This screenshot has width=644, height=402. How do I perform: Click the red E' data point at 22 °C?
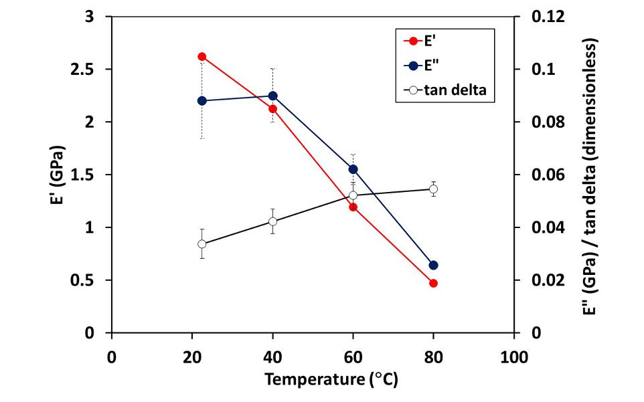(202, 57)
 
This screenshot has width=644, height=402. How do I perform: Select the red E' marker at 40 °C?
(272, 109)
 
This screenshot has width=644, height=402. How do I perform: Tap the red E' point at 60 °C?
(353, 207)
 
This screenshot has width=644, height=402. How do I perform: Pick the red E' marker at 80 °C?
(433, 284)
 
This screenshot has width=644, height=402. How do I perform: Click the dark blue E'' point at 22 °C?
(202, 101)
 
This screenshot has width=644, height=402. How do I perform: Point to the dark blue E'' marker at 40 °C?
(272, 96)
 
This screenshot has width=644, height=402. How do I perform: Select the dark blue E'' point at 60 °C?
(353, 169)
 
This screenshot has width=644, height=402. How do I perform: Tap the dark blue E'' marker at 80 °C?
(433, 266)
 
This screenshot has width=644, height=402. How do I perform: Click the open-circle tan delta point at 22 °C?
(202, 244)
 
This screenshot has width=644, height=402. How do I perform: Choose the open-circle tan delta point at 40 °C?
(272, 221)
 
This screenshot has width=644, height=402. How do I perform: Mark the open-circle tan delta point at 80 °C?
(433, 189)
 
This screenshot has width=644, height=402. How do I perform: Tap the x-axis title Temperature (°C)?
(331, 379)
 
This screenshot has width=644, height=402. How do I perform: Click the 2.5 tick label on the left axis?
(85, 70)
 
